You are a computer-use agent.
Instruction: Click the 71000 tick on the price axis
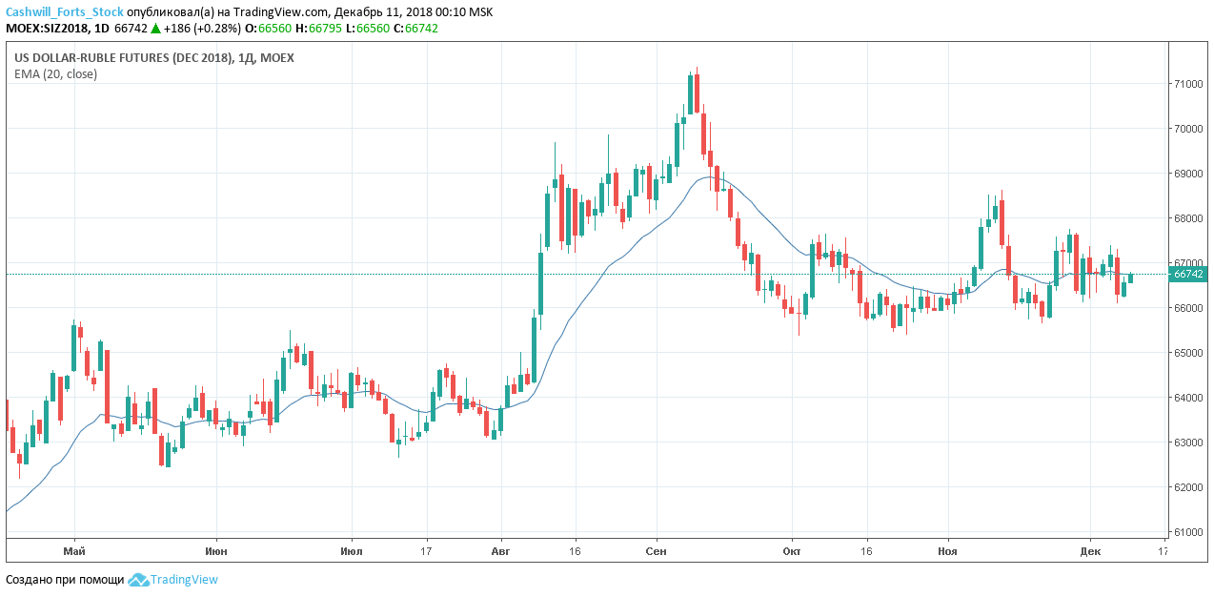coord(1187,84)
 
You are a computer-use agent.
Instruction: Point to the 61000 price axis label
coord(1187,532)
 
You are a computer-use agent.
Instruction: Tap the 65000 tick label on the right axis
coord(1187,353)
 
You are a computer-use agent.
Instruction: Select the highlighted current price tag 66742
coord(1188,274)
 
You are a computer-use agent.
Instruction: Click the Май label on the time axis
coord(74,551)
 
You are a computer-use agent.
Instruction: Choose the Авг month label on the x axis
coord(499,551)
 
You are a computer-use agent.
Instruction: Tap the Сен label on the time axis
coord(656,551)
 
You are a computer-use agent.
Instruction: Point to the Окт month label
coord(791,551)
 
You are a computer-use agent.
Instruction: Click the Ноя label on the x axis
coord(947,551)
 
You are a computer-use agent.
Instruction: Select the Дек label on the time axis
coord(1090,551)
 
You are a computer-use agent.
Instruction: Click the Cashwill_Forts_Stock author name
coord(65,12)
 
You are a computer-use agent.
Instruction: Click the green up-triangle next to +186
coord(155,29)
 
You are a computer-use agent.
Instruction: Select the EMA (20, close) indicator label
coord(55,73)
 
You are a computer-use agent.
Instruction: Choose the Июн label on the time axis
coord(215,551)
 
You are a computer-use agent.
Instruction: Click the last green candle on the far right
coord(1131,278)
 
